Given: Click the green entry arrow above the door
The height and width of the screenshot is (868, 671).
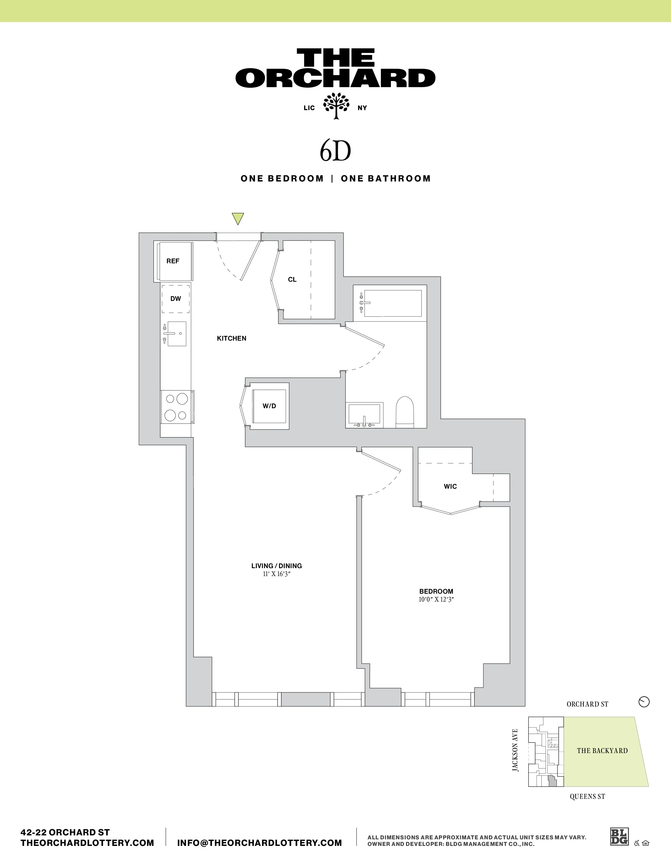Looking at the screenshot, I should pyautogui.click(x=238, y=219).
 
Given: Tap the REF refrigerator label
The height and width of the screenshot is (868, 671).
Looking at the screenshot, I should pyautogui.click(x=173, y=261).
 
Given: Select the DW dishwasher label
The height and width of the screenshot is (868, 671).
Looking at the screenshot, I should pyautogui.click(x=175, y=299).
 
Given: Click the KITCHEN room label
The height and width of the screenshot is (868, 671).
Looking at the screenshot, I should pyautogui.click(x=231, y=338).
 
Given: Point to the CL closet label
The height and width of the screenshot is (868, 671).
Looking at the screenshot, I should pyautogui.click(x=292, y=279).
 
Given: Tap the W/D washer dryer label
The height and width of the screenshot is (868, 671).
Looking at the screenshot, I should pyautogui.click(x=269, y=406).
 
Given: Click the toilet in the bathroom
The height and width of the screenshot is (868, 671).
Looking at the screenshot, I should pyautogui.click(x=405, y=412).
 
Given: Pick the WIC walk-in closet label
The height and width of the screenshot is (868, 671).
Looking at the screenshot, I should pyautogui.click(x=450, y=486).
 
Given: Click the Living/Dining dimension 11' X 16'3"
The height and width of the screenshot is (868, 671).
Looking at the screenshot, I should pyautogui.click(x=277, y=574).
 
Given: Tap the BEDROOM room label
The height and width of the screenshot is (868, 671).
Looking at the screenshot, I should pyautogui.click(x=436, y=591).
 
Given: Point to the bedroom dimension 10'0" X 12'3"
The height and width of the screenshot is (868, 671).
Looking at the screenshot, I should pyautogui.click(x=436, y=600).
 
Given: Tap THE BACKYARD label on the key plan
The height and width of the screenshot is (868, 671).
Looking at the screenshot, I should pyautogui.click(x=602, y=750).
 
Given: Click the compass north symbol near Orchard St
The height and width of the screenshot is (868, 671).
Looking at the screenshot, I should pyautogui.click(x=644, y=702).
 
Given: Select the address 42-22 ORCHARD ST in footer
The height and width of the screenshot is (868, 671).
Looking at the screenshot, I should pyautogui.click(x=65, y=832).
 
